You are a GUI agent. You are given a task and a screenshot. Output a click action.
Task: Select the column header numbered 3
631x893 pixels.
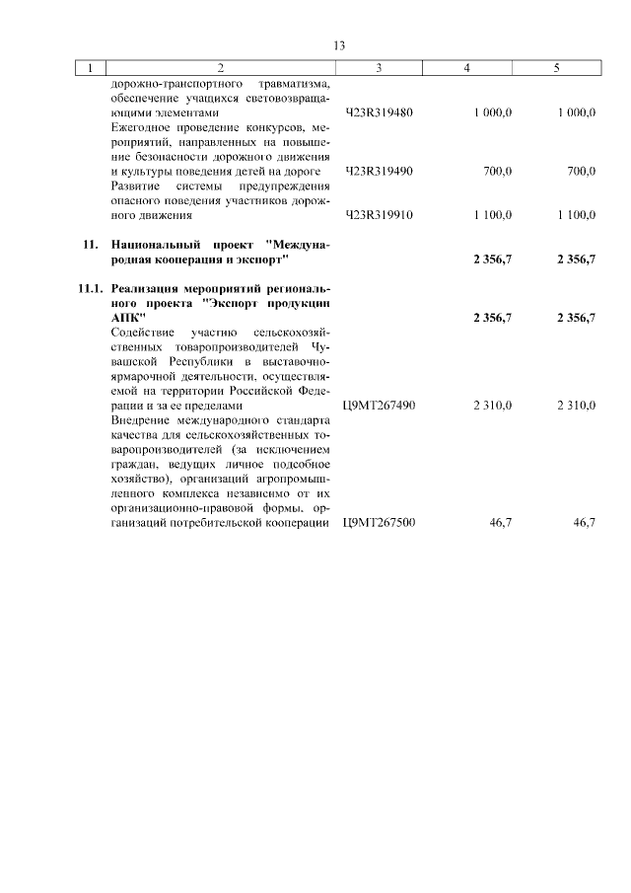pos(379,68)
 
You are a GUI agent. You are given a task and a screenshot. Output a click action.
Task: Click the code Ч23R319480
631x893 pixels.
pos(380,113)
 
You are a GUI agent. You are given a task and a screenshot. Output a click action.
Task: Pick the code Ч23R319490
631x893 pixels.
pos(380,172)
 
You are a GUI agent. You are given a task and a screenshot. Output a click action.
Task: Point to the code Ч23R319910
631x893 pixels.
pos(380,215)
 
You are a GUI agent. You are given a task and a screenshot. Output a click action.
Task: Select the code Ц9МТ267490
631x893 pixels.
pos(379,405)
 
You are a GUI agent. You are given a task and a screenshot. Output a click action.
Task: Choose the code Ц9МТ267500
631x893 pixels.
pos(379,522)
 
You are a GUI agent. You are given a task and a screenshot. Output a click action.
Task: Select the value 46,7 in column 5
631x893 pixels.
pos(584,522)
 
